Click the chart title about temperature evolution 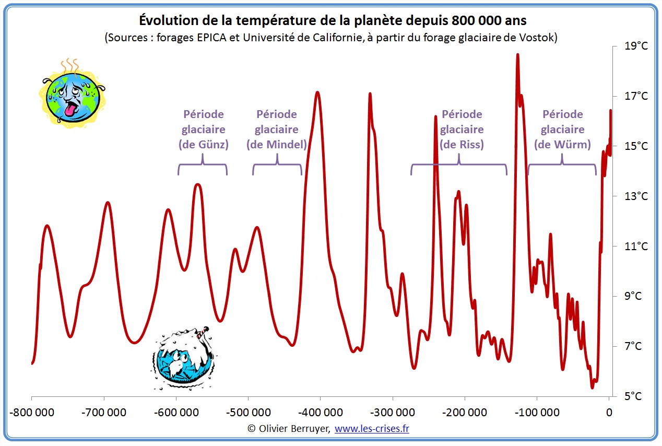[333, 21]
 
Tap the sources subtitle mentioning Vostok [331, 38]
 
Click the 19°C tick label [636, 46]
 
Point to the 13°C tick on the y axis [636, 196]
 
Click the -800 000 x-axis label [32, 413]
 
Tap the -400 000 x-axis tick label [320, 413]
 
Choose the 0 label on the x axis [609, 413]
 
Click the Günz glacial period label [204, 129]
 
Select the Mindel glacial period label [277, 129]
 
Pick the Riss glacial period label [462, 129]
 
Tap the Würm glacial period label [562, 129]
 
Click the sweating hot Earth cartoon [72, 94]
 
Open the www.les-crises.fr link [372, 428]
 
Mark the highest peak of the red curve [517, 55]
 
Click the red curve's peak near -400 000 [317, 93]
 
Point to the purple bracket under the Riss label [458, 166]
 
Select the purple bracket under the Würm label [562, 166]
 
